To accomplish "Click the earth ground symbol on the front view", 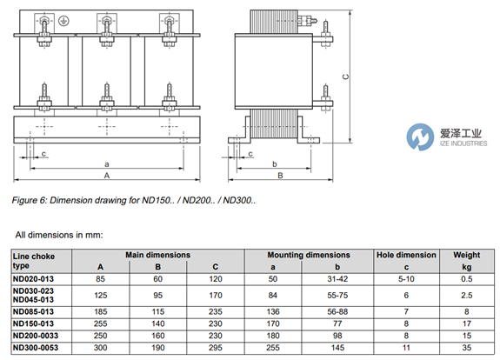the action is [64, 21].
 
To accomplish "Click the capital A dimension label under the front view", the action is [107, 176].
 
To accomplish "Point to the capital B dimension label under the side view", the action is [280, 176].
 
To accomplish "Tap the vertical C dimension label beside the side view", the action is [346, 77].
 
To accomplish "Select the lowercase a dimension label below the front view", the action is [107, 164].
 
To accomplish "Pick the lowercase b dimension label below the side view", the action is [275, 163].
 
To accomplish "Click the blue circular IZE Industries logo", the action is [420, 137].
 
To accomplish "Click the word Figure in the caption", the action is [24, 201].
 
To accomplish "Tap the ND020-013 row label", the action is [33, 279].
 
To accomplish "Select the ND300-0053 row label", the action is [36, 348].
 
